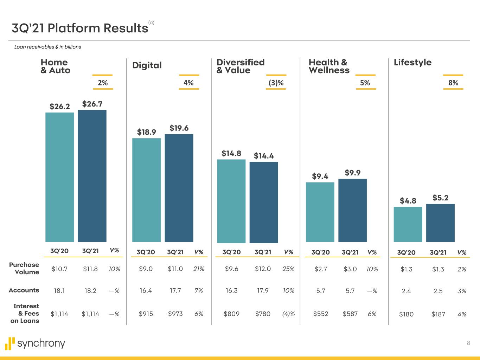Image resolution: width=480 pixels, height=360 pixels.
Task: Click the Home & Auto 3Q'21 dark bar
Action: click(92, 176)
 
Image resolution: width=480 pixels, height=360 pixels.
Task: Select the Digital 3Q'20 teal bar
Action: click(146, 190)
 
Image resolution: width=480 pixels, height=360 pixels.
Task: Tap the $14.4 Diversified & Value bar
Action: click(264, 202)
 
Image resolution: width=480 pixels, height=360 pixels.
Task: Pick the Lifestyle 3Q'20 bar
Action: click(408, 224)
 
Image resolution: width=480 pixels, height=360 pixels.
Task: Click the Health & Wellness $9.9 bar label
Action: click(352, 173)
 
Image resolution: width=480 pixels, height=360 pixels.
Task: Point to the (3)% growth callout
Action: click(276, 83)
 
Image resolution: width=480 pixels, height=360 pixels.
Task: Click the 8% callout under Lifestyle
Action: click(453, 83)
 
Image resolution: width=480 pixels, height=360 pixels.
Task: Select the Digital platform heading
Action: click(147, 65)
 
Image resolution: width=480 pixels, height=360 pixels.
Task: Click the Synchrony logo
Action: click(35, 343)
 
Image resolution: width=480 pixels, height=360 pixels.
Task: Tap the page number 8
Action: click(468, 343)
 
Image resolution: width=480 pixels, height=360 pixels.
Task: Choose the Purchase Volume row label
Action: click(24, 268)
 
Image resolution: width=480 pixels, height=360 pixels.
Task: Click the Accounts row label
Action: click(24, 290)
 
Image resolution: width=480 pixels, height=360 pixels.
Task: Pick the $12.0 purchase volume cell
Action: click(263, 269)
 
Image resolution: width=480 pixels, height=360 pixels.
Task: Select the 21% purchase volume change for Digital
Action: click(199, 269)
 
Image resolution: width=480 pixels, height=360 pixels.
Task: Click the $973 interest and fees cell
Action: click(175, 314)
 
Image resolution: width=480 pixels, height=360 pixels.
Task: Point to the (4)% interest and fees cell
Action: click(288, 314)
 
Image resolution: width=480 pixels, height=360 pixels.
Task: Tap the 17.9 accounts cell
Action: click(263, 290)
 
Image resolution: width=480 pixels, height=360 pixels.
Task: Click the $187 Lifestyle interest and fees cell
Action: click(438, 314)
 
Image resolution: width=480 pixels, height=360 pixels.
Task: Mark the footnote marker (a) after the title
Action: click(151, 22)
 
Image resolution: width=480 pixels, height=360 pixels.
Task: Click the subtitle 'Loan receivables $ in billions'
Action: click(48, 47)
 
